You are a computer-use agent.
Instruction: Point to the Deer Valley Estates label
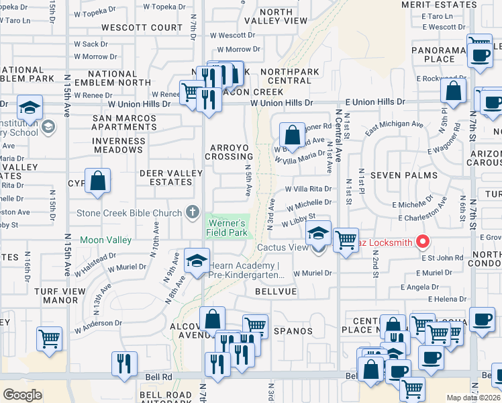click(170, 177)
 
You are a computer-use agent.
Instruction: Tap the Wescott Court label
click(142, 28)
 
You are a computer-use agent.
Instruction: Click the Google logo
click(22, 394)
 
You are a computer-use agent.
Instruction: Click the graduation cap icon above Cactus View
click(319, 233)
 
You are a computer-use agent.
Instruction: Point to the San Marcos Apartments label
click(124, 122)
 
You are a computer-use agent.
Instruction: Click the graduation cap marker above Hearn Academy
click(197, 261)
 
